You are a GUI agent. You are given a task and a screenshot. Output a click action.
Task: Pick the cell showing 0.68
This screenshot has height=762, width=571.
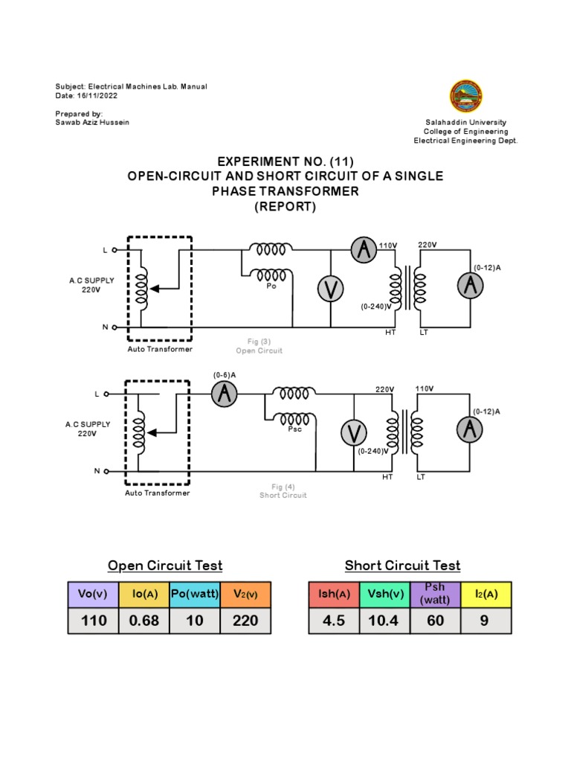coord(144,619)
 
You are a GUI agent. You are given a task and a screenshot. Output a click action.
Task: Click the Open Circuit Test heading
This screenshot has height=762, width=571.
coord(165,566)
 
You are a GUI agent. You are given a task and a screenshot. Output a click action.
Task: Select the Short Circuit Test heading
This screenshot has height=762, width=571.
coord(402,566)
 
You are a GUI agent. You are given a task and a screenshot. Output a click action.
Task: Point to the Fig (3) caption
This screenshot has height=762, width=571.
coord(259,342)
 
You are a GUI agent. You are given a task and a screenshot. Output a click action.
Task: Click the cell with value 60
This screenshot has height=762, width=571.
coord(434,619)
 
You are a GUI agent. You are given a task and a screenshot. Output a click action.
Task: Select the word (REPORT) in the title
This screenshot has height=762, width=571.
coord(286,208)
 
